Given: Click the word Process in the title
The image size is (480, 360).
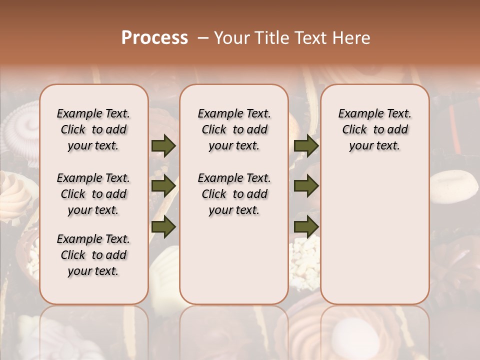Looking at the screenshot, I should tap(154, 37).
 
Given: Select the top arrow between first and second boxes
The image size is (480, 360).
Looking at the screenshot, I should tap(163, 146).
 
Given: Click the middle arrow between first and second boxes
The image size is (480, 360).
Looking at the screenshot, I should tap(163, 186).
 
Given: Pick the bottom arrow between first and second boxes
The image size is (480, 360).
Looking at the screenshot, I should tap(163, 226).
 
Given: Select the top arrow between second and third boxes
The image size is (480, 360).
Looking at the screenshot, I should tap(306, 146).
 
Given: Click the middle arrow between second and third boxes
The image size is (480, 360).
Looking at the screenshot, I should tap(306, 186).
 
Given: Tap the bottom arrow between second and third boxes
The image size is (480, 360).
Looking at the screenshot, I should tap(306, 226).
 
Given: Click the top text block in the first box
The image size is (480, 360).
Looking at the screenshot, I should tap(93, 129).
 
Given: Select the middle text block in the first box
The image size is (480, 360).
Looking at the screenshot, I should tap(93, 194).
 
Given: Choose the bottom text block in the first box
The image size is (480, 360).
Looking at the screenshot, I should tap(93, 255).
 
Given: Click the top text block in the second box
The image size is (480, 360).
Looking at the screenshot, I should tap(234, 129).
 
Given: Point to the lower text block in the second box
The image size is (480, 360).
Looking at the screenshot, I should tap(234, 194).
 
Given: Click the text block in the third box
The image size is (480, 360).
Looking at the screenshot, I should tap(374, 129).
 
